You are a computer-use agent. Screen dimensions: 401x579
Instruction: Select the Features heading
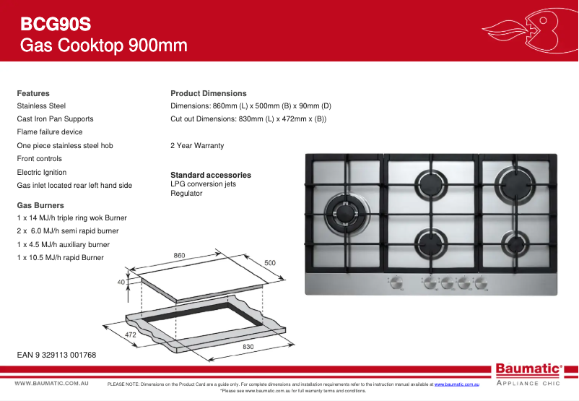point(33,93)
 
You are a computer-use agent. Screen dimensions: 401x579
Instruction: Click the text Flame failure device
point(50,132)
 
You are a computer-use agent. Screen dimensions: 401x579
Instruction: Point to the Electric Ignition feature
point(42,172)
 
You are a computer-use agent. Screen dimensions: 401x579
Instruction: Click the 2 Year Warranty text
point(197,145)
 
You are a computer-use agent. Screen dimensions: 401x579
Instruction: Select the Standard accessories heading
point(211,175)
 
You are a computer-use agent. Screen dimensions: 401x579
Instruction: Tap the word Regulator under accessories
point(186,193)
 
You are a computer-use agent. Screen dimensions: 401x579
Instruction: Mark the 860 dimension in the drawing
point(180,255)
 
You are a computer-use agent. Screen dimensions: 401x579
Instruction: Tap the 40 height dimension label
point(121,282)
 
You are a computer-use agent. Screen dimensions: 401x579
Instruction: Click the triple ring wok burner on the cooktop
point(341,210)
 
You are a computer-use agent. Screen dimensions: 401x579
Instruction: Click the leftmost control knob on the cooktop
point(396,283)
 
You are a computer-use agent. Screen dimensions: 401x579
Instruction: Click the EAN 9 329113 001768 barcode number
point(56,355)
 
